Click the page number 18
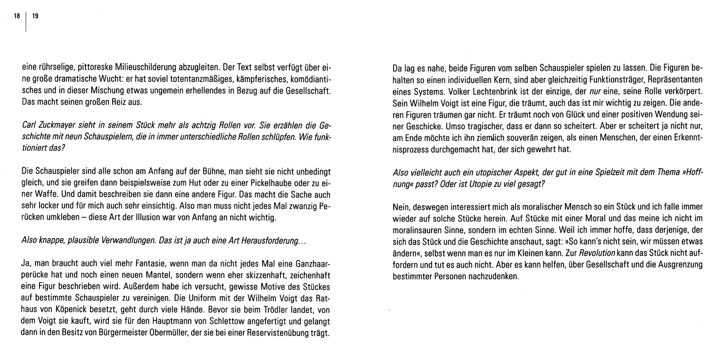(x=17, y=16)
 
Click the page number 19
(x=35, y=16)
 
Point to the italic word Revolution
(x=597, y=253)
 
